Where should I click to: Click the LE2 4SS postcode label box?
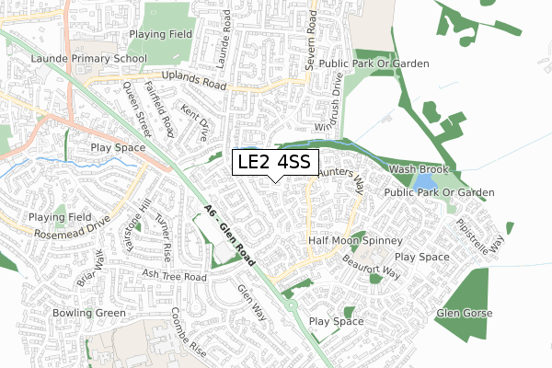pos(276,163)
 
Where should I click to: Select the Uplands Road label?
pos(192,80)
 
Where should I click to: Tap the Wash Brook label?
pos(418,170)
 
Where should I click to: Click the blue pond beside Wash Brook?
pos(406,183)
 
